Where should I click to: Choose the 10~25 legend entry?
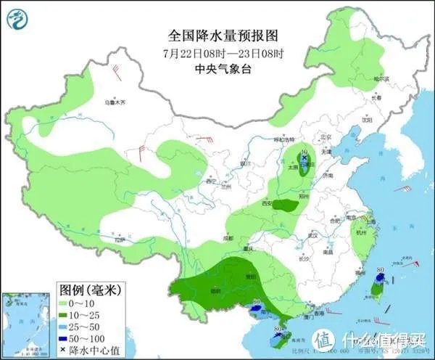point(81,315)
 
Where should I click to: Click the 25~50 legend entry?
point(81,327)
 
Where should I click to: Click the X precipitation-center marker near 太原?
point(304,157)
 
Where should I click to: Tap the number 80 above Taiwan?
point(381,270)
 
